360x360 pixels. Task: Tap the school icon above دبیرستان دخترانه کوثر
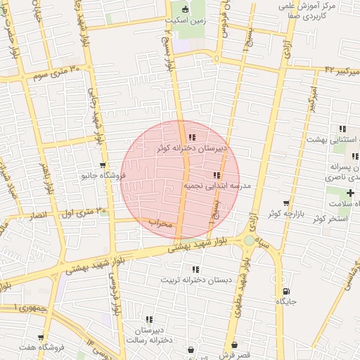point(192,138)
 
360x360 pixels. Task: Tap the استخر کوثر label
point(327,219)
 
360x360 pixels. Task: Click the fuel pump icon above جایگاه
point(285,291)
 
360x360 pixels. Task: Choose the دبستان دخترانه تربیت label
point(196,280)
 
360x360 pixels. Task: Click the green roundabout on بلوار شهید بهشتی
point(249,241)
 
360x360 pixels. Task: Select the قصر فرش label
point(233,355)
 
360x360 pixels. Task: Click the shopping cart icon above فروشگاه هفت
point(41,338)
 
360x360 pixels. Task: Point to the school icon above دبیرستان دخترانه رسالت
point(148,319)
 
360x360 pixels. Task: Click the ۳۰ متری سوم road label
point(57,71)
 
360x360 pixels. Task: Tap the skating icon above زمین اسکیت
point(186,9)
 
